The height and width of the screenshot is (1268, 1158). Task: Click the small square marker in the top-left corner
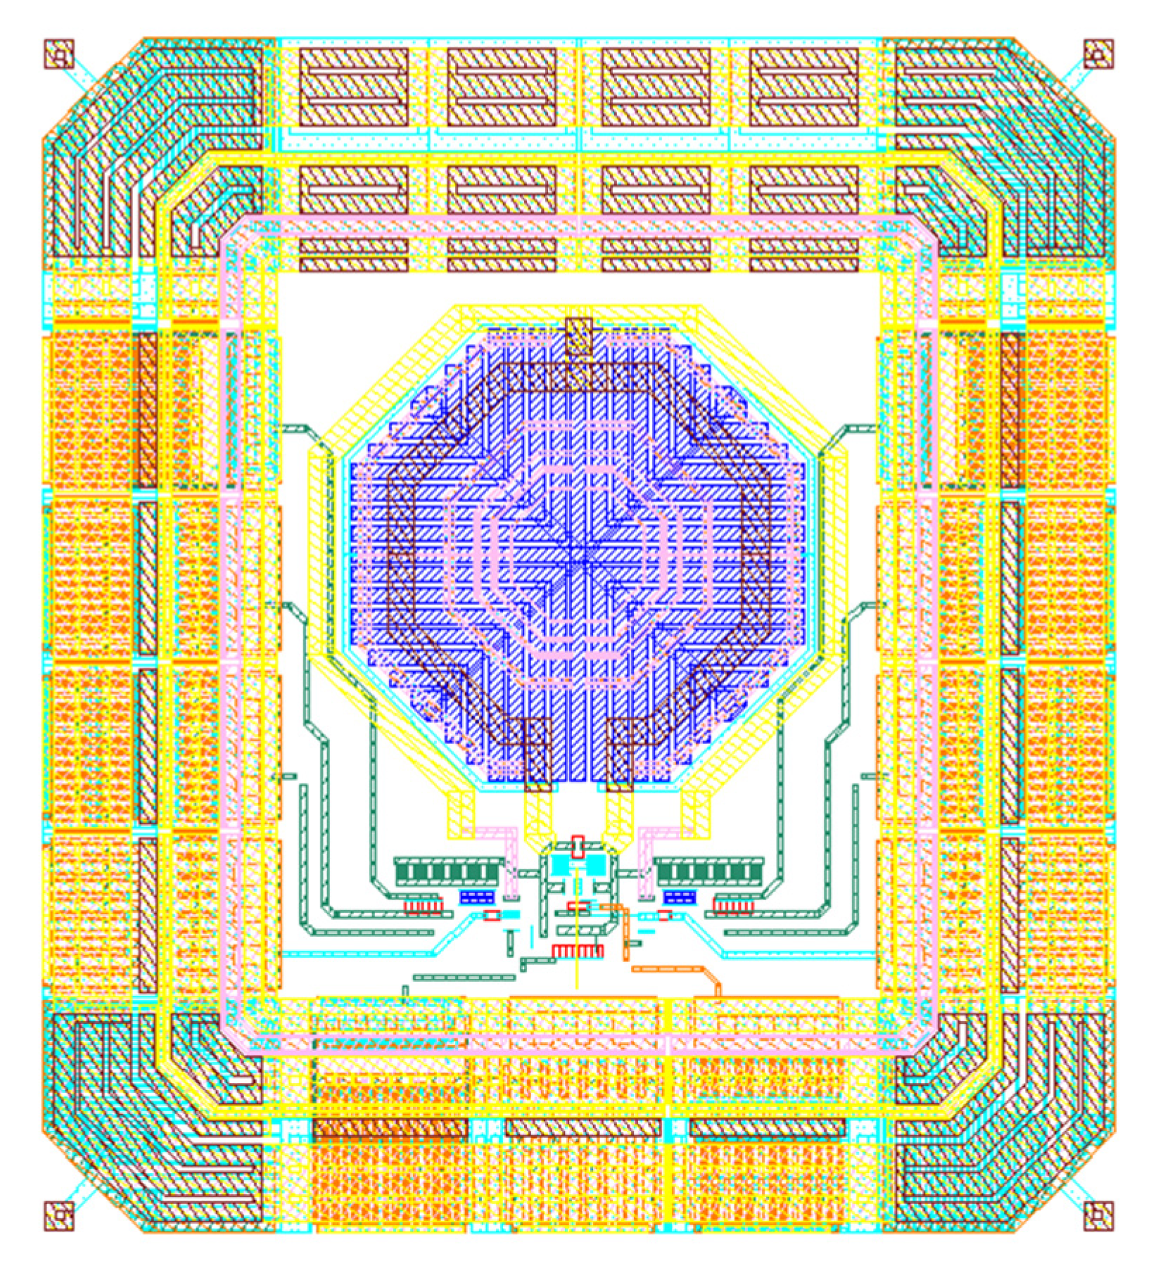[59, 53]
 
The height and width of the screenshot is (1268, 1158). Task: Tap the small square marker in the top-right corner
[1097, 53]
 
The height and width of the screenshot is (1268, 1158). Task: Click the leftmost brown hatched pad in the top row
[354, 87]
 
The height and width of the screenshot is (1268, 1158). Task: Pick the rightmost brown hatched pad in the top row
[803, 87]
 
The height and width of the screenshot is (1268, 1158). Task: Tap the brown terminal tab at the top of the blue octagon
[579, 336]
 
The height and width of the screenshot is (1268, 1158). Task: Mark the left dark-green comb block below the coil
[449, 872]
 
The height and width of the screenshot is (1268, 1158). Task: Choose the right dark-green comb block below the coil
[709, 872]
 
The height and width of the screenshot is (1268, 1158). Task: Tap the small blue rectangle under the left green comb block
[476, 897]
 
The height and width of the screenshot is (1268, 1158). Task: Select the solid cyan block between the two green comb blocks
[578, 864]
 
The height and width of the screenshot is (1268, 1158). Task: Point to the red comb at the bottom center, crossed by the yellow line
[578, 951]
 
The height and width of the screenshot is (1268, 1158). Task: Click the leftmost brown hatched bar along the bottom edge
[390, 1129]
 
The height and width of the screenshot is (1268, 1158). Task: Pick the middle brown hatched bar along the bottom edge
[583, 1129]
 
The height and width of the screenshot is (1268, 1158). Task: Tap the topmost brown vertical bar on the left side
[148, 410]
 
